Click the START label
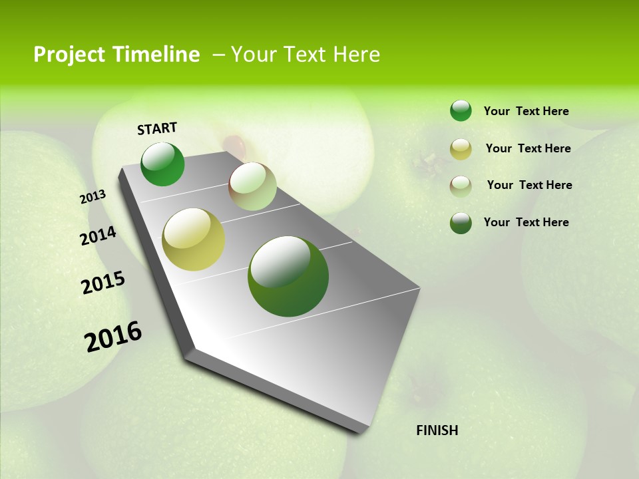pyautogui.click(x=157, y=128)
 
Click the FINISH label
pyautogui.click(x=437, y=430)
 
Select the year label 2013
pyautogui.click(x=93, y=197)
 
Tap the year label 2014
pyautogui.click(x=98, y=236)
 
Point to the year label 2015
pyautogui.click(x=103, y=283)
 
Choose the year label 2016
pyautogui.click(x=113, y=336)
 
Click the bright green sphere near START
pyautogui.click(x=162, y=164)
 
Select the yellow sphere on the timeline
pyautogui.click(x=193, y=239)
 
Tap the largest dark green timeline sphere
pyautogui.click(x=288, y=276)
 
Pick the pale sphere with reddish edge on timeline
pyautogui.click(x=252, y=186)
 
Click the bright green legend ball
pyautogui.click(x=461, y=110)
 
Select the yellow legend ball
pyautogui.click(x=461, y=149)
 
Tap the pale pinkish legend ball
pyautogui.click(x=461, y=186)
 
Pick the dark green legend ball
pyautogui.click(x=461, y=223)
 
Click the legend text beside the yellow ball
pyautogui.click(x=528, y=148)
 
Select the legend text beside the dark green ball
pyautogui.click(x=526, y=222)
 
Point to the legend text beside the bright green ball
pyautogui.click(x=526, y=111)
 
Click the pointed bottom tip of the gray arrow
pyautogui.click(x=361, y=432)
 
